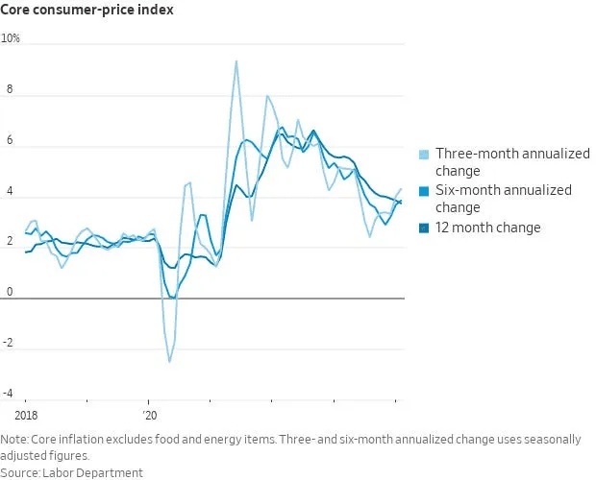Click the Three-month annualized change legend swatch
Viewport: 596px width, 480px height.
tap(424, 155)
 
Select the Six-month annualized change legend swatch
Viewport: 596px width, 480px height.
tap(424, 191)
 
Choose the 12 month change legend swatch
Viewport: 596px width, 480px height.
tap(424, 228)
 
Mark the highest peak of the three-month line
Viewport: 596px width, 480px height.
tap(236, 61)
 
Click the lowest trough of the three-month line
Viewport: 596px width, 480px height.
tap(170, 361)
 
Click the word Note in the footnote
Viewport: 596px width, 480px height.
tap(15, 440)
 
